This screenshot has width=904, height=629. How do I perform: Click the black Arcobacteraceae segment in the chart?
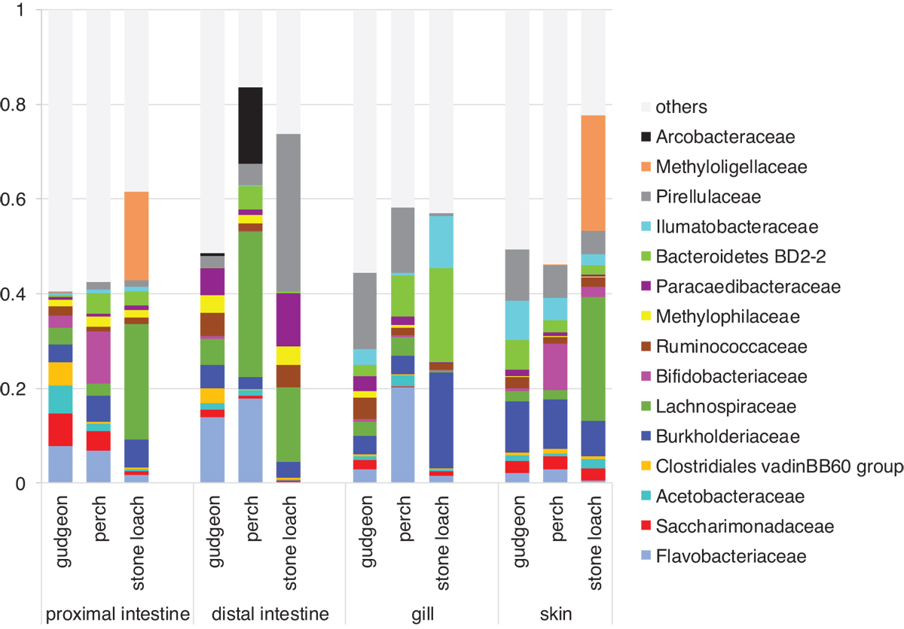coord(250,126)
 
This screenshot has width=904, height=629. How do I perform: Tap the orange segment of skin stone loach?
coord(594,172)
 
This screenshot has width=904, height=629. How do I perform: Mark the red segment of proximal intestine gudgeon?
coord(60,430)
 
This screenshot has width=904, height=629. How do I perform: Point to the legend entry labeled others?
coord(681,107)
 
